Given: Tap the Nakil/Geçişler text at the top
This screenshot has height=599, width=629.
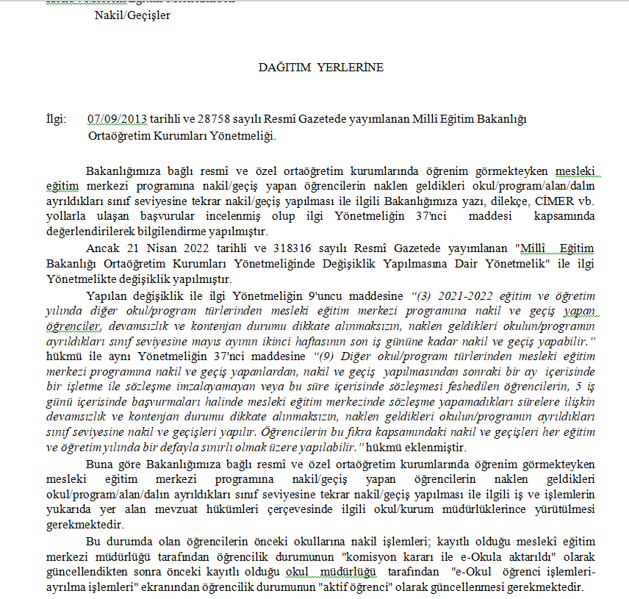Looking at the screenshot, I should [132, 15].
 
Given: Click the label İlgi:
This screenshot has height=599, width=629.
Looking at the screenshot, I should [56, 119].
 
